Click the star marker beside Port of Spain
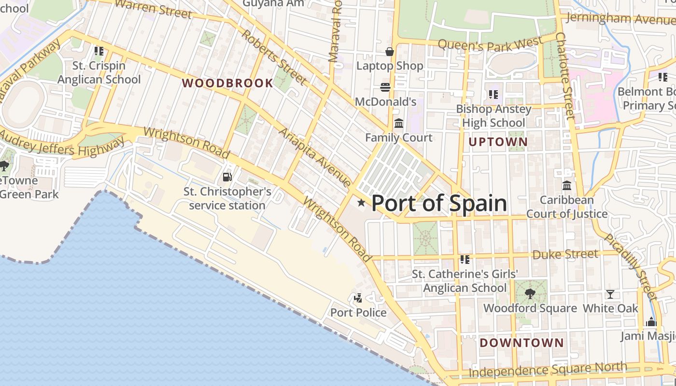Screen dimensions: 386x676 pyautogui.click(x=361, y=203)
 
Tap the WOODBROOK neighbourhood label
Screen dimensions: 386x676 pyautogui.click(x=227, y=83)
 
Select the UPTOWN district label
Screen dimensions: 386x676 pyautogui.click(x=498, y=142)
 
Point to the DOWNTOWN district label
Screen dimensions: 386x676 pyautogui.click(x=521, y=343)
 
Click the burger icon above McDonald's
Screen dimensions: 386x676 pyautogui.click(x=385, y=87)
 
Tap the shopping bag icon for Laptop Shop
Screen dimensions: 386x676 pyautogui.click(x=390, y=52)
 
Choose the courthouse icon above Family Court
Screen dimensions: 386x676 pyautogui.click(x=399, y=124)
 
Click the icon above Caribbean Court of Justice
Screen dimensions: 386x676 pyautogui.click(x=567, y=185)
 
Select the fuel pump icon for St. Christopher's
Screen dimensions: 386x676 pyautogui.click(x=227, y=178)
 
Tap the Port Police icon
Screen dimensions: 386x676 pyautogui.click(x=358, y=298)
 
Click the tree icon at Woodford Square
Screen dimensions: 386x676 pyautogui.click(x=530, y=293)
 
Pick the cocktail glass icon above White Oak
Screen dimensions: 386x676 pyautogui.click(x=610, y=294)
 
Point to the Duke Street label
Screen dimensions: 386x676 pyautogui.click(x=565, y=254)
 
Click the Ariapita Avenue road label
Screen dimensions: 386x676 pyautogui.click(x=314, y=157)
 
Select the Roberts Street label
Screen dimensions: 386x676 pyautogui.click(x=273, y=57)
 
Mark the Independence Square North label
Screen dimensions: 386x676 pyautogui.click(x=548, y=370)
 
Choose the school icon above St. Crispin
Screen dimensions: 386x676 pyautogui.click(x=99, y=51)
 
